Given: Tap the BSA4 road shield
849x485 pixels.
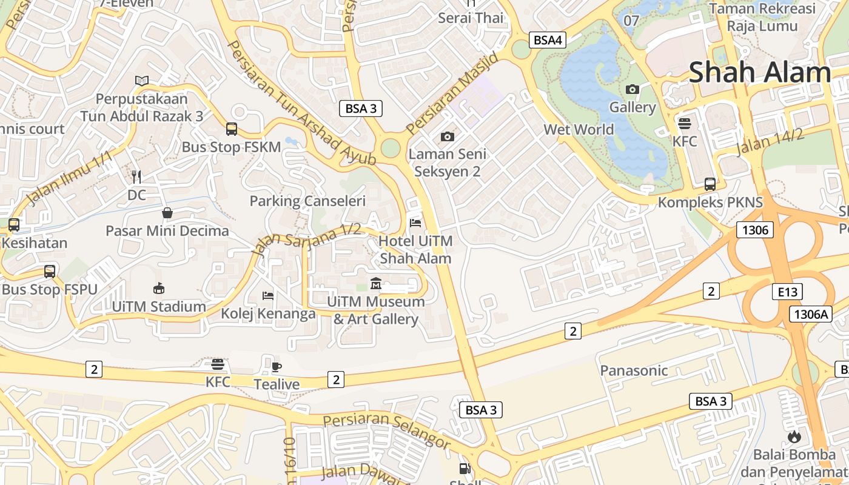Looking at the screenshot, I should [548, 41].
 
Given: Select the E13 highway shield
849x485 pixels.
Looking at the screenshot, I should [787, 292].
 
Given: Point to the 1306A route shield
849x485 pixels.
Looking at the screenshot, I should [810, 314].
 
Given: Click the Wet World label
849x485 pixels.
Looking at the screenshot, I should [579, 129].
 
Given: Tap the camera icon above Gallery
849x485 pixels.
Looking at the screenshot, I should [633, 90].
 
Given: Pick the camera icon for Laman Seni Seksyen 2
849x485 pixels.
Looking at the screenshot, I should [448, 136].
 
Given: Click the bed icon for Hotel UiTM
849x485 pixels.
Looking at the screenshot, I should [415, 223].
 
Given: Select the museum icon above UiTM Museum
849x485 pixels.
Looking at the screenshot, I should [376, 283].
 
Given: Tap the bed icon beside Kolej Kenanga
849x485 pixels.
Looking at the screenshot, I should [268, 295].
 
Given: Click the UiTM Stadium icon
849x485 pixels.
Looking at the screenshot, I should [159, 288].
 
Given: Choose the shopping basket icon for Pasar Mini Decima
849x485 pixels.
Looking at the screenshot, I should [167, 213].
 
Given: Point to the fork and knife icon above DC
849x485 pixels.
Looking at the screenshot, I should [136, 176].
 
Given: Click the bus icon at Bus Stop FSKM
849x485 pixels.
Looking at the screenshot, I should [232, 129].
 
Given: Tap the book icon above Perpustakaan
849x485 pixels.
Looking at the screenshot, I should [142, 81].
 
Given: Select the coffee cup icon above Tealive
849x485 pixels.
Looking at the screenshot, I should [277, 366].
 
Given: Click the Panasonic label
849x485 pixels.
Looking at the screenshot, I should [634, 370].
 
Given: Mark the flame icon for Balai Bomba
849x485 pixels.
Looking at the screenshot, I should [794, 436].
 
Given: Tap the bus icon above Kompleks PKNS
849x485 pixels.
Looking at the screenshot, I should [710, 184].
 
